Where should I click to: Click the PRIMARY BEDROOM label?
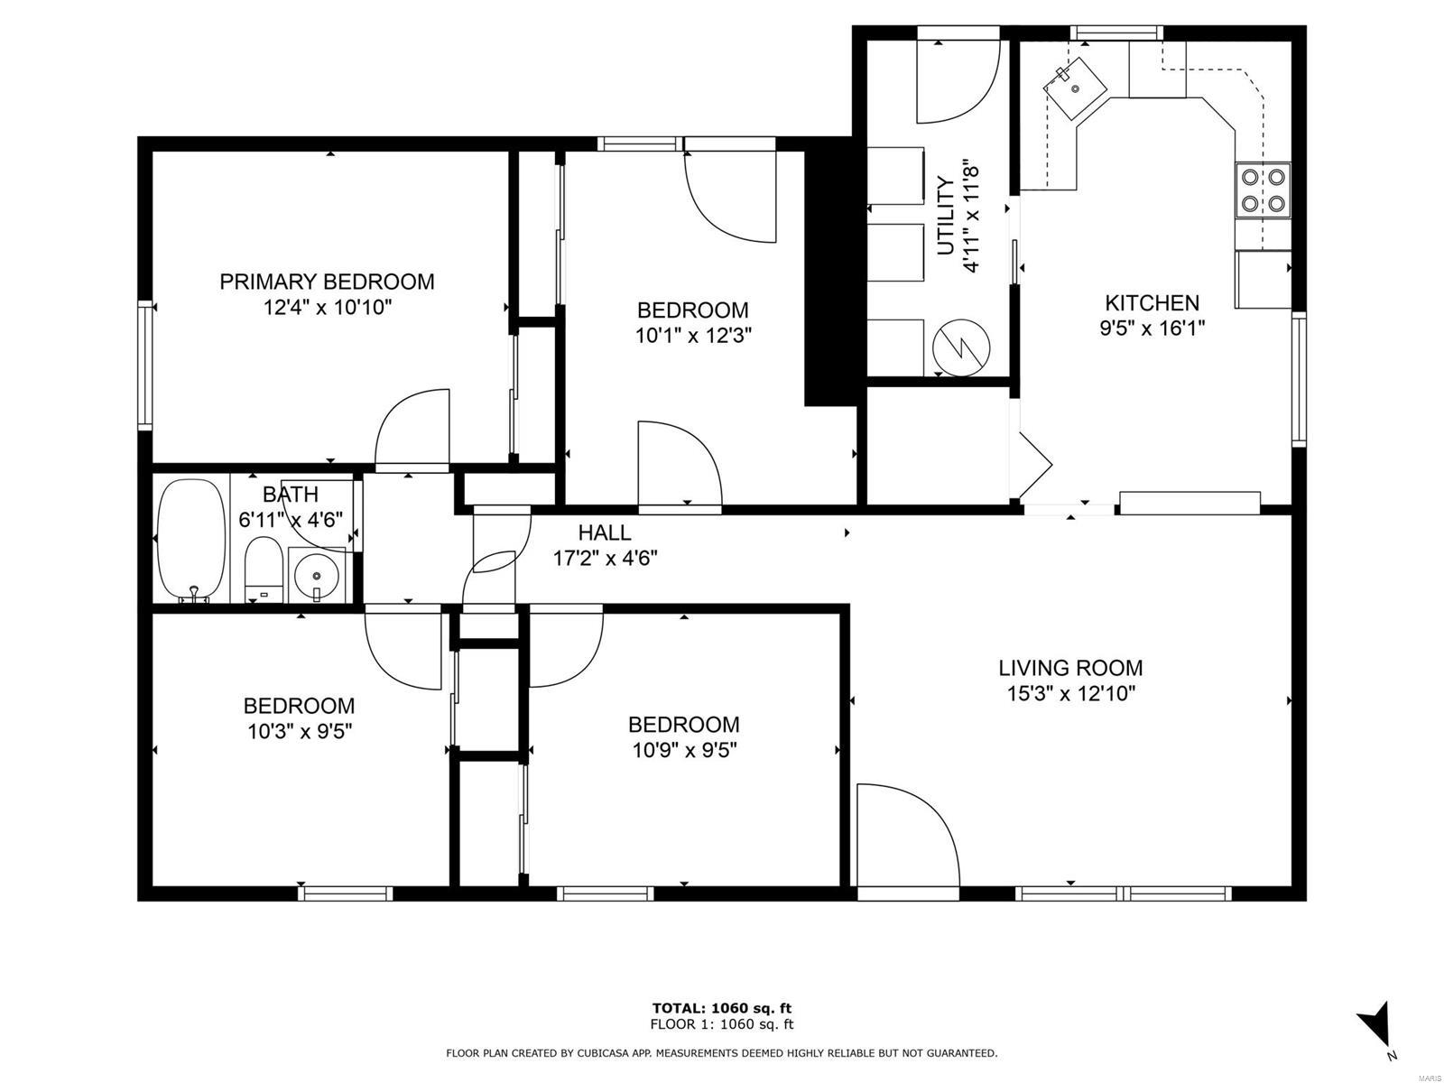[x=327, y=282]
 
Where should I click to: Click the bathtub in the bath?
[x=190, y=540]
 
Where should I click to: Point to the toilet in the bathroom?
[x=264, y=569]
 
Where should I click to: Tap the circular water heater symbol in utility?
[x=961, y=347]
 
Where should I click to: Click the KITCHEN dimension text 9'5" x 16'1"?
[x=1152, y=329]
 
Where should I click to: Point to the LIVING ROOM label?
[x=1070, y=668]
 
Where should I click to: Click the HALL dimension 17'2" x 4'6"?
[x=606, y=559]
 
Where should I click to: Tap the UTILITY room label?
[x=945, y=216]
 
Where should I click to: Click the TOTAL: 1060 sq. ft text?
[x=722, y=1008]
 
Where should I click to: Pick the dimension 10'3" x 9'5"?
[x=300, y=732]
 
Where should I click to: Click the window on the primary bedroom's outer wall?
[x=144, y=366]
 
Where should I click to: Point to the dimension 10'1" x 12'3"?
[x=693, y=336]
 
